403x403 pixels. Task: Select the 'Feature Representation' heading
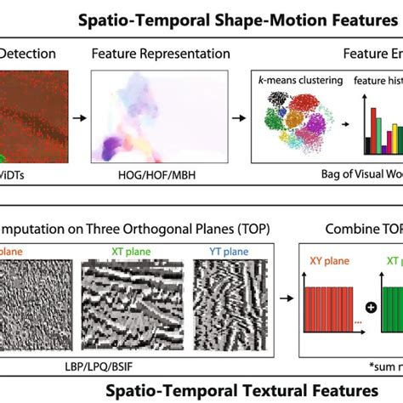[x=161, y=54]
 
